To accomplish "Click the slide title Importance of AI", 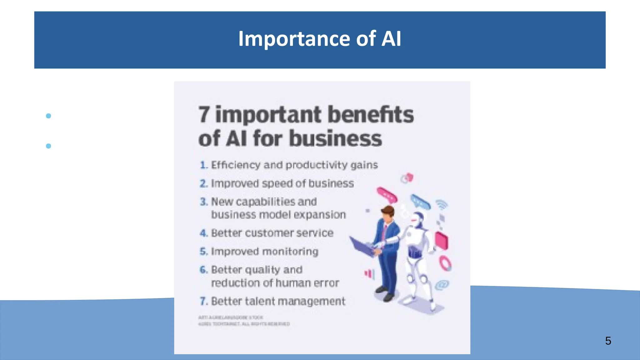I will [x=319, y=39].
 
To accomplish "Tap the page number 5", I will [x=608, y=341].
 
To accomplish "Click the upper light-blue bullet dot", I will [x=48, y=116].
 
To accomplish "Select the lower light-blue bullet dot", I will [x=48, y=146].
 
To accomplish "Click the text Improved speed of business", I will [x=282, y=183].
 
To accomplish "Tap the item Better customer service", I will [x=272, y=233].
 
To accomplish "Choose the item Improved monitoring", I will [x=264, y=252].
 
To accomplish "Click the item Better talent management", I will [x=278, y=301].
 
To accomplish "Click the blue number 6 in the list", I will [x=203, y=270].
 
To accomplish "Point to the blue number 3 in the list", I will [x=203, y=202].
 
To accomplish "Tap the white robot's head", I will [x=417, y=219].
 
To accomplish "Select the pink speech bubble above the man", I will [x=387, y=195].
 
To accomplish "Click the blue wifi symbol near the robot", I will [x=442, y=204].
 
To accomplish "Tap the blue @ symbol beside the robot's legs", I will [x=442, y=285].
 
